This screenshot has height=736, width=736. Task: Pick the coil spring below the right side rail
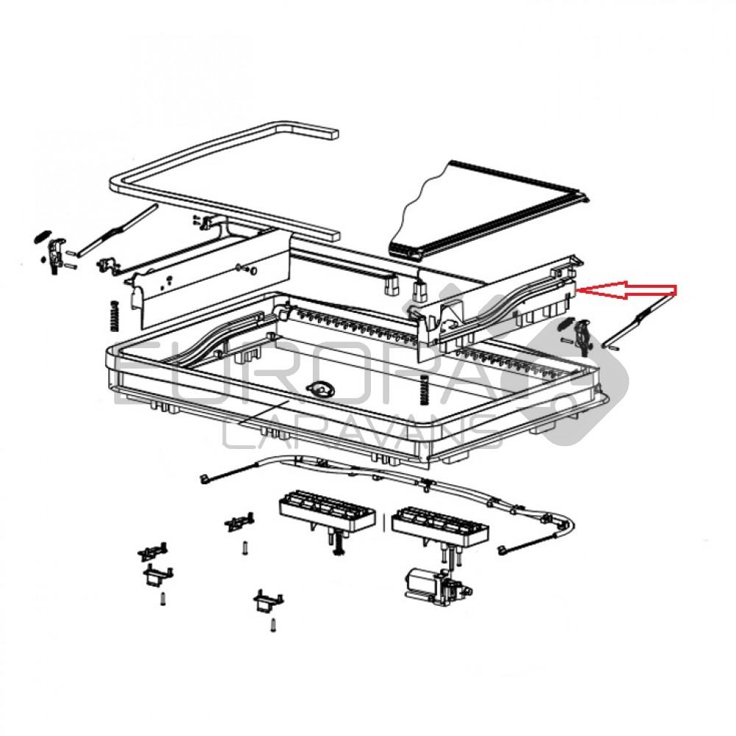[425, 388]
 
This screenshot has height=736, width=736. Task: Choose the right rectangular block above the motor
[440, 524]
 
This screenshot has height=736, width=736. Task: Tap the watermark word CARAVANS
[361, 434]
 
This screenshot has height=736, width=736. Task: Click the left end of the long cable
[202, 480]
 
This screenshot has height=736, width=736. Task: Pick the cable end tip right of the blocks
[501, 548]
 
